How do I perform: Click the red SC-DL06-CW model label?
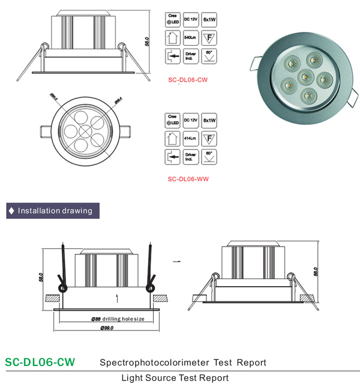pyautogui.click(x=188, y=78)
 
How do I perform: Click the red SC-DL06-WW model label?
pyautogui.click(x=188, y=178)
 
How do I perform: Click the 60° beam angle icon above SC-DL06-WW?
pyautogui.click(x=209, y=158)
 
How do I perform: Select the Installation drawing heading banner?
pyautogui.click(x=52, y=211)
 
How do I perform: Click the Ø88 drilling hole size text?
pyautogui.click(x=119, y=319)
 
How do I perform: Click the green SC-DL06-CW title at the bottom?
pyautogui.click(x=40, y=362)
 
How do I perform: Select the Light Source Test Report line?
pyautogui.click(x=175, y=378)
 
